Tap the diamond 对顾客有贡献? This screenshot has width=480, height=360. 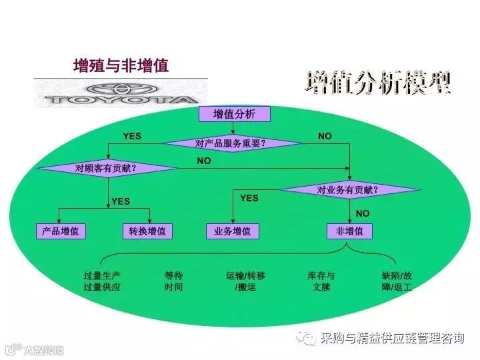coord(106,168)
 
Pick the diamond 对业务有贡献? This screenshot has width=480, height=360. coord(349,190)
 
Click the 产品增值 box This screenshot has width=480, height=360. coord(60,231)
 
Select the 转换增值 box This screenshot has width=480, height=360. coord(148,231)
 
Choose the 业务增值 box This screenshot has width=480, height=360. coord(232,231)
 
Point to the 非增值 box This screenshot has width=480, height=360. coord(349,231)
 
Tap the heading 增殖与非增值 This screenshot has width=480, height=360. coord(121,65)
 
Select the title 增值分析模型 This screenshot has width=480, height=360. coord(377,83)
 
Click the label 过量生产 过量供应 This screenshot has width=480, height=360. coord(102,281)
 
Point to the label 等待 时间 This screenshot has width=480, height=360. coord(173,281)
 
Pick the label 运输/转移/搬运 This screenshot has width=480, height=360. coord(245,281)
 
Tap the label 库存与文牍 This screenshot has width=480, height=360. coord(321,281)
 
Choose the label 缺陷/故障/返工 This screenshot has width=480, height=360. coord(397,281)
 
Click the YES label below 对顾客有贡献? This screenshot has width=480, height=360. coord(121,201)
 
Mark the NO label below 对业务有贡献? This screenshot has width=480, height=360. coord(363,213)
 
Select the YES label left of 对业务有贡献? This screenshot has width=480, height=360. coord(249,198)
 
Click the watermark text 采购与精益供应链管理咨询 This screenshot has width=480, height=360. coord(392,338)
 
